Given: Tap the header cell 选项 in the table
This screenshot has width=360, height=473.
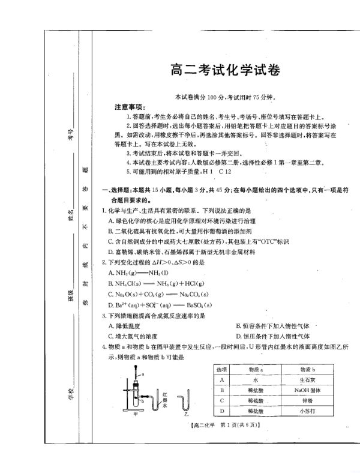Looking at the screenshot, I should point(222,369).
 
